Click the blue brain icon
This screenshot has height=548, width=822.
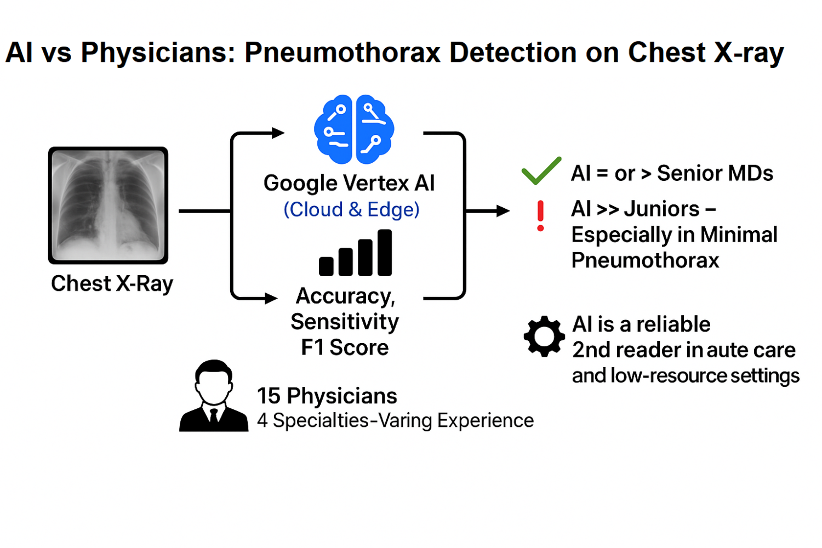coord(354,129)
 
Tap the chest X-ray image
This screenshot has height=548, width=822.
coord(109,205)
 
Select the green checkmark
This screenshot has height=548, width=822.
coord(541,170)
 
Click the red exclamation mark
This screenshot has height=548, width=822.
coord(540,216)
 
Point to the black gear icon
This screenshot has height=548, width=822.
coord(544,336)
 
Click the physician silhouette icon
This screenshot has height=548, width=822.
coord(214,396)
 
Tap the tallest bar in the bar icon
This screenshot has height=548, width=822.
coord(385,253)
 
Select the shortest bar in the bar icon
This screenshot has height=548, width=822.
coord(326,266)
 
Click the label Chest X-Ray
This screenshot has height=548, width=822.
coord(112,284)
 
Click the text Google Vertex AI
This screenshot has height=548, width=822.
coord(349,183)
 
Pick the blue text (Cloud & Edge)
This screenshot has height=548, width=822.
coord(352,209)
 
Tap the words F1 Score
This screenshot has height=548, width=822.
coord(345,347)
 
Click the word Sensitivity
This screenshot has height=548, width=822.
coord(345,322)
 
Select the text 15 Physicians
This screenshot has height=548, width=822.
coord(327,396)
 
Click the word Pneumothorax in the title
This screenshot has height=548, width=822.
coord(342,53)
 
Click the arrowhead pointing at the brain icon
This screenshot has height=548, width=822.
coord(278,133)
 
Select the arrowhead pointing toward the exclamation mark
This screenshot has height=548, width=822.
coord(503,211)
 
